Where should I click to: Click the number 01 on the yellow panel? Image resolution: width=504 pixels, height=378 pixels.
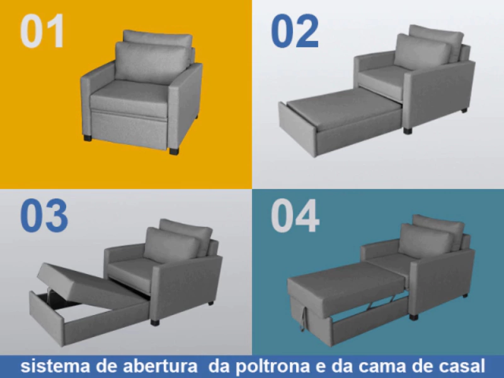point(42,31)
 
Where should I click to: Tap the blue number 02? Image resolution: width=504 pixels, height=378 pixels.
point(295,31)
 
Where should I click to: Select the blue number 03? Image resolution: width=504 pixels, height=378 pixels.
point(44,215)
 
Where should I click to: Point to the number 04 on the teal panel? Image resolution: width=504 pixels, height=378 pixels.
point(295,215)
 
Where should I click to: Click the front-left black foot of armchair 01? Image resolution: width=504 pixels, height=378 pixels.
point(88,138)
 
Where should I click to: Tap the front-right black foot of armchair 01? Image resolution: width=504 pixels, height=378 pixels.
point(174,151)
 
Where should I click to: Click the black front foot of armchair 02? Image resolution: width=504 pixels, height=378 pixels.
point(407,130)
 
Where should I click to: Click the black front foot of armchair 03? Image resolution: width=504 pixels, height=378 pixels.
point(154,322)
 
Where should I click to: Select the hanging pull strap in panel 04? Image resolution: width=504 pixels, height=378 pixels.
point(302,318)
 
